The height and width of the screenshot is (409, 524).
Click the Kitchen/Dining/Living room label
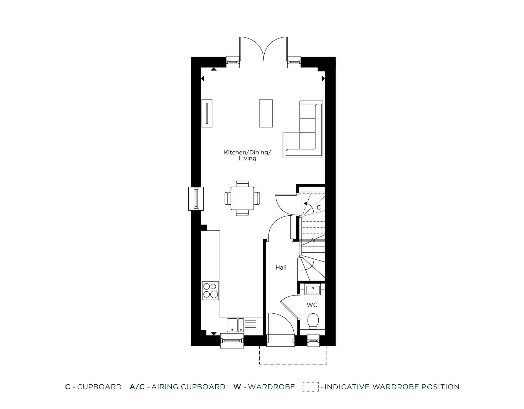coord(247,155)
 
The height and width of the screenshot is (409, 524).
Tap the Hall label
coord(281,268)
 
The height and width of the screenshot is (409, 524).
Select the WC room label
coord(312,305)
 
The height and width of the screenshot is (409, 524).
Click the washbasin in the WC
coord(313,290)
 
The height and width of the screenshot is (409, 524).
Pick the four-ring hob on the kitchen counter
coord(210,291)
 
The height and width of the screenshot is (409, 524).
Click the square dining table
coord(242,198)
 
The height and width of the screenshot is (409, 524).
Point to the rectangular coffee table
coord(266,113)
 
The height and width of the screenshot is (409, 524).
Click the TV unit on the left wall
coord(207,113)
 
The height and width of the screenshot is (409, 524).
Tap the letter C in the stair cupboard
coord(319,208)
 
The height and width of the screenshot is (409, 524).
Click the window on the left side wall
coord(196,198)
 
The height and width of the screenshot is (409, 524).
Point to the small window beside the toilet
coord(313,341)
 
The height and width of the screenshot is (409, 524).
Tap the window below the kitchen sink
coord(232,341)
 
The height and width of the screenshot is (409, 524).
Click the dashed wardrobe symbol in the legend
coord(310,387)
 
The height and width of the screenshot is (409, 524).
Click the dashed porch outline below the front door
coord(293,363)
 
